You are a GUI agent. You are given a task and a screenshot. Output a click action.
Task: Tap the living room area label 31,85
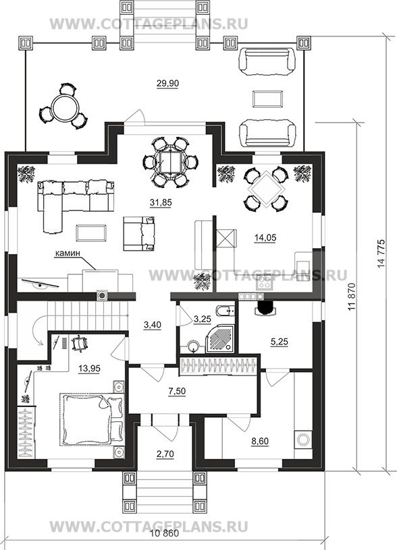pyautogui.click(x=159, y=202)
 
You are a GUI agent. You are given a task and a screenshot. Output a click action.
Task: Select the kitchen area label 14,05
pyautogui.click(x=265, y=237)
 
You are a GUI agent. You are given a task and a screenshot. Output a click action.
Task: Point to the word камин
pyautogui.click(x=67, y=253)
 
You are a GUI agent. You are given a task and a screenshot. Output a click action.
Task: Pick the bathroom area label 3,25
pyautogui.click(x=202, y=319)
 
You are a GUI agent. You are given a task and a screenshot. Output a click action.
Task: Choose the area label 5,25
pyautogui.click(x=280, y=342)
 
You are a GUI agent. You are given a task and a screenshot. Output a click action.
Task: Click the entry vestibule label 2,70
pyautogui.click(x=165, y=454)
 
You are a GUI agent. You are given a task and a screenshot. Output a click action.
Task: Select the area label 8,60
pyautogui.click(x=260, y=441)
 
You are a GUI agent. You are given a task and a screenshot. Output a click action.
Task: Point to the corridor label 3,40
pyautogui.click(x=153, y=325)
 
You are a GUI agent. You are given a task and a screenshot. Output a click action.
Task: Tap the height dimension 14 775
pyautogui.click(x=381, y=253)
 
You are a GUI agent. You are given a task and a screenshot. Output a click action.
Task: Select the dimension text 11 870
pyautogui.click(x=352, y=297)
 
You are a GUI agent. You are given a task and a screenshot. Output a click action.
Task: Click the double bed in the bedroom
pyautogui.click(x=92, y=419)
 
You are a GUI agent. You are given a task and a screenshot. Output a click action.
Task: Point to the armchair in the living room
pyautogui.click(x=139, y=233)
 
